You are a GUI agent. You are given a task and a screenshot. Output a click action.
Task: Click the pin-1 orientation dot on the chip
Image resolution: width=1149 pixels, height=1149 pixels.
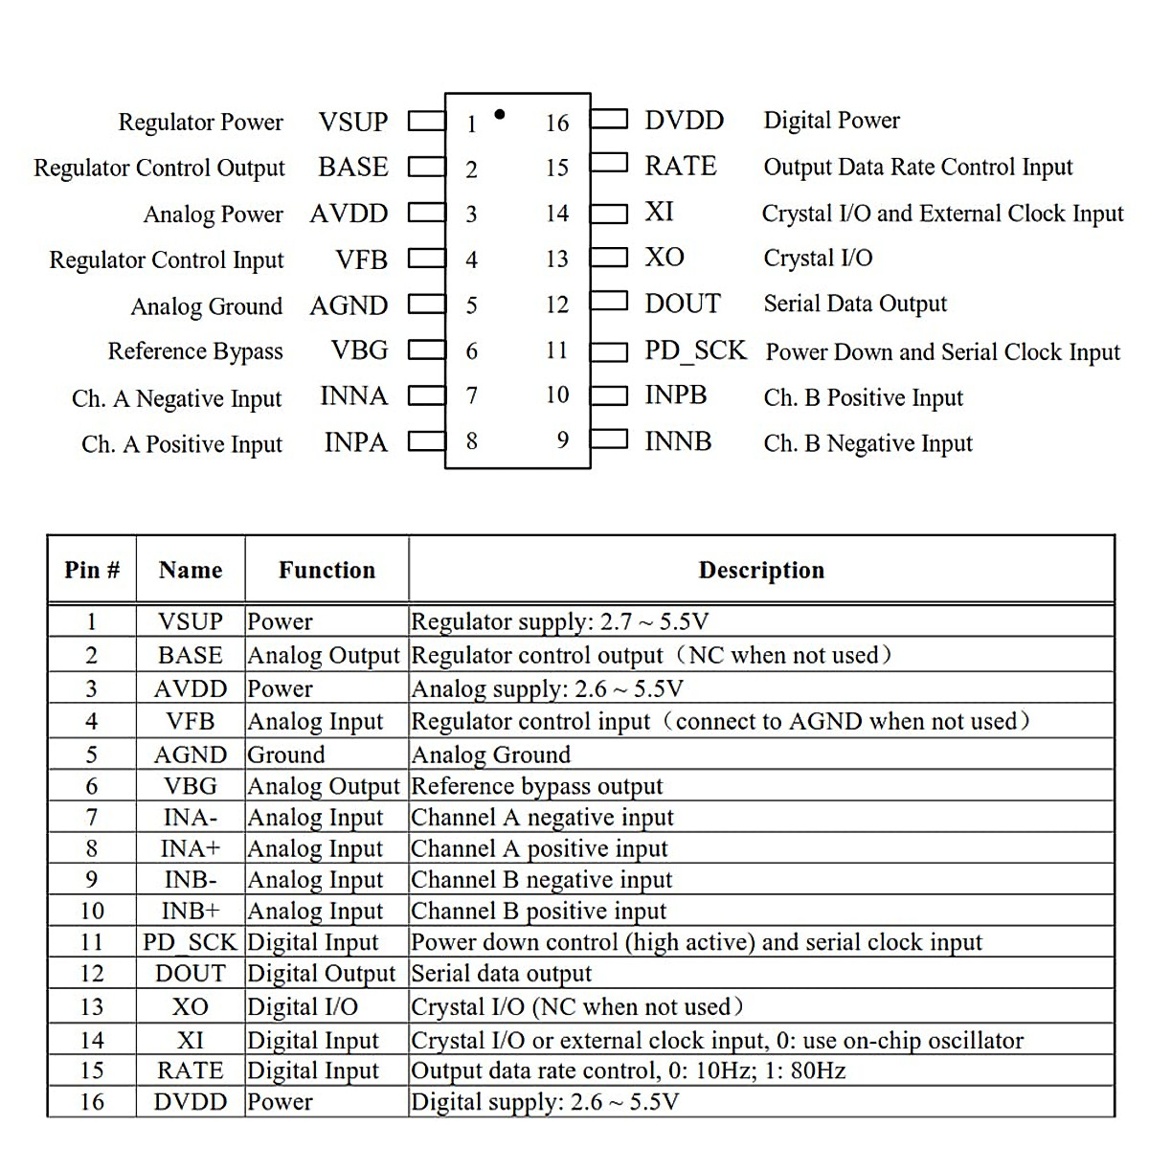pyautogui.click(x=499, y=115)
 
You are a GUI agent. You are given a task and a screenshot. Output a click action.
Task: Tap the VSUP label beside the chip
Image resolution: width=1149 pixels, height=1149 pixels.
pyautogui.click(x=353, y=123)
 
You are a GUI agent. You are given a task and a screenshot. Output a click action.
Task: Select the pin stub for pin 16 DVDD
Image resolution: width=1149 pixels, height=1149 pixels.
pyautogui.click(x=609, y=120)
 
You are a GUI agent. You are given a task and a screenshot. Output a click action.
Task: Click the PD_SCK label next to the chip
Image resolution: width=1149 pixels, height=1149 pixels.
pyautogui.click(x=695, y=350)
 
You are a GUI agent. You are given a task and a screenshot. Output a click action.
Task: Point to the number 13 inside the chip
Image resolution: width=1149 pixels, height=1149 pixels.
pyautogui.click(x=557, y=259)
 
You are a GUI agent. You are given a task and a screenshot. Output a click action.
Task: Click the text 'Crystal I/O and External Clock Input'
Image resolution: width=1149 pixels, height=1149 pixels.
pyautogui.click(x=942, y=214)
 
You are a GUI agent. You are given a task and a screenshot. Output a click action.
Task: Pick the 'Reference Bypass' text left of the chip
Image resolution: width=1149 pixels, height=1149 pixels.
pyautogui.click(x=195, y=351)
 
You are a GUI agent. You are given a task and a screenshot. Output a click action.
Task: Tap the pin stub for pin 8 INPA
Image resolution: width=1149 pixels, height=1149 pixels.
pyautogui.click(x=427, y=441)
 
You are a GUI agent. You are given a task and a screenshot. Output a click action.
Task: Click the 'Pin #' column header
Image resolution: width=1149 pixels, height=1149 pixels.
pyautogui.click(x=92, y=571)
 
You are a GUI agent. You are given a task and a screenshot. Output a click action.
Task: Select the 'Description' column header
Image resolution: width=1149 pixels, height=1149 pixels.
pyautogui.click(x=761, y=571)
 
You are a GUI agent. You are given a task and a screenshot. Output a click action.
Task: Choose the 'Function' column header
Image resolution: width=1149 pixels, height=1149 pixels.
pyautogui.click(x=327, y=571)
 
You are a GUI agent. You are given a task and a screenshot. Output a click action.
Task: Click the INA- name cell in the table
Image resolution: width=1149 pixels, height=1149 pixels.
pyautogui.click(x=190, y=818)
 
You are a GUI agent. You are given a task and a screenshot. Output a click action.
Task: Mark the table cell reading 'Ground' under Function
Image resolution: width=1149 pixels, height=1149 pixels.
pyautogui.click(x=286, y=755)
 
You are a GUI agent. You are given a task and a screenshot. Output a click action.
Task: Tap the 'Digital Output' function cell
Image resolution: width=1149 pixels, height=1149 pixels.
pyautogui.click(x=321, y=974)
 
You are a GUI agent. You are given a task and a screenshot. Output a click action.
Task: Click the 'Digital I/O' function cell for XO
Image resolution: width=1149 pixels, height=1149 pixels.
pyautogui.click(x=303, y=1007)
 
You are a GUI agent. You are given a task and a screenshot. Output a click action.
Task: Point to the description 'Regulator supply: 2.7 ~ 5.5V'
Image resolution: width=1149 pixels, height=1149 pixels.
pyautogui.click(x=560, y=622)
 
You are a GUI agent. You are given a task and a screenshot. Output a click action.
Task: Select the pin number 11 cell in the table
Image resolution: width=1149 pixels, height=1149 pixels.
pyautogui.click(x=92, y=942)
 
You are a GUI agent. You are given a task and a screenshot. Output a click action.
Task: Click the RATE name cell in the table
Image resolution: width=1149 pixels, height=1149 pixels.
pyautogui.click(x=190, y=1070)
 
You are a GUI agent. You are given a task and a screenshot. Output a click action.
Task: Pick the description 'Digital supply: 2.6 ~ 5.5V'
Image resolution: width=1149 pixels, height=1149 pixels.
pyautogui.click(x=545, y=1102)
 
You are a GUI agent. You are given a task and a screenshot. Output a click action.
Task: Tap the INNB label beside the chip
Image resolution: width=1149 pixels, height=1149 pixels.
pyautogui.click(x=678, y=441)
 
